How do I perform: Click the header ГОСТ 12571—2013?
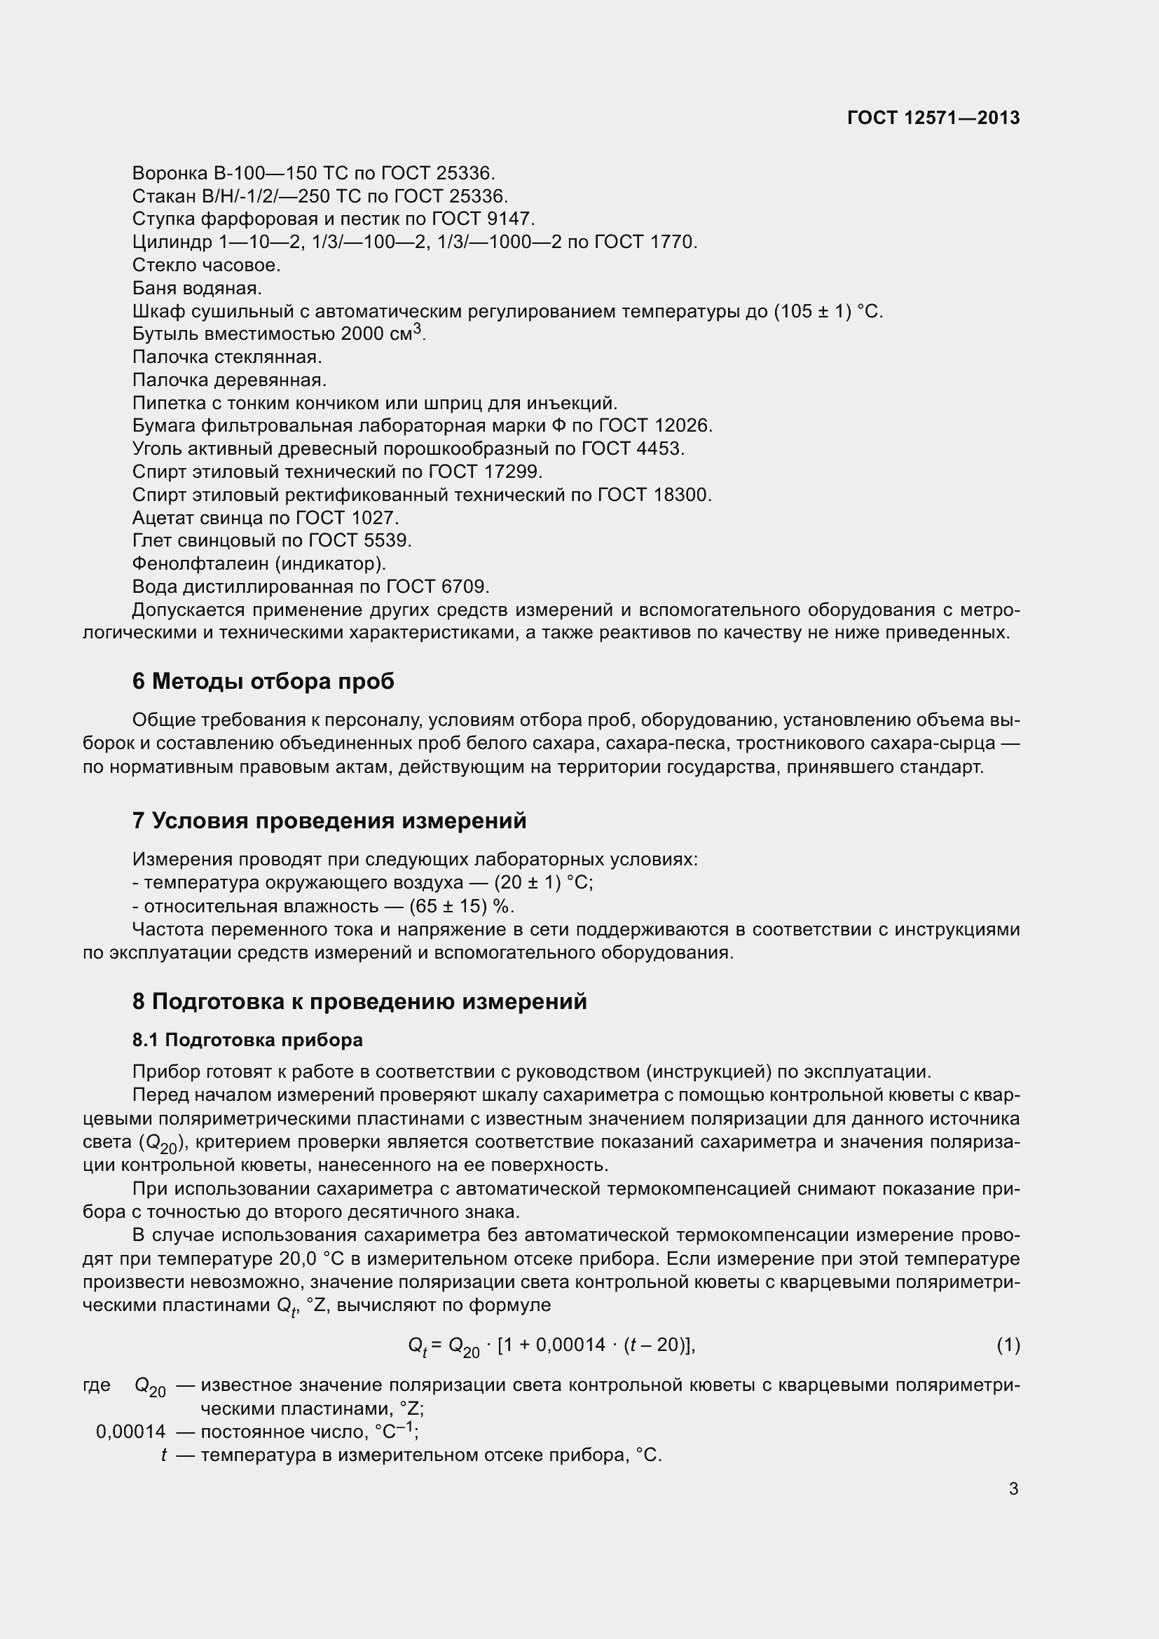coord(933,118)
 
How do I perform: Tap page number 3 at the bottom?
coord(1013,1489)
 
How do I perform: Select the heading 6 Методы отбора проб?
coord(263,682)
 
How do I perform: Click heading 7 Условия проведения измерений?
coord(329,821)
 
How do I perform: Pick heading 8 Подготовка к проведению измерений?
coord(359,1001)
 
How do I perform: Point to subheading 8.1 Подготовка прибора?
coord(247,1040)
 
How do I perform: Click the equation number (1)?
coord(1008,1345)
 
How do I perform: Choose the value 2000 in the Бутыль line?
coord(362,334)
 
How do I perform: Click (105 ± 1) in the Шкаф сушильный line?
coord(812,311)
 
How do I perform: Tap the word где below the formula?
coord(97,1385)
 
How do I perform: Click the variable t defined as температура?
coord(163,1455)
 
